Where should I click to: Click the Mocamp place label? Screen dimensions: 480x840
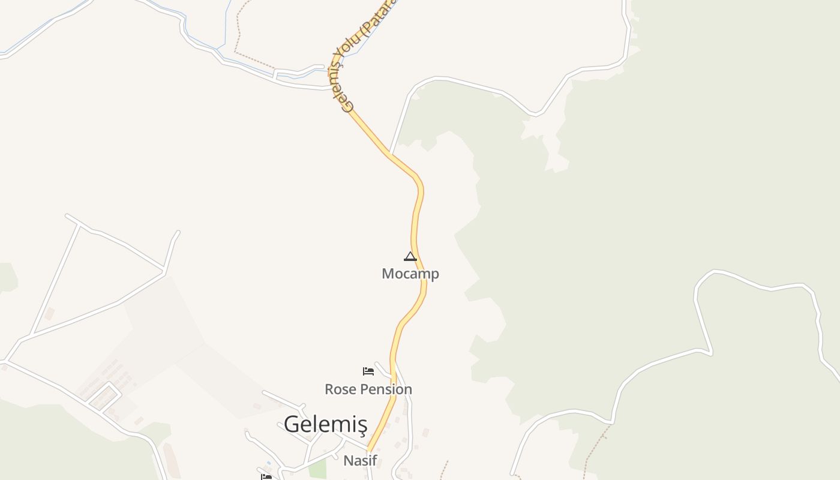pyautogui.click(x=410, y=274)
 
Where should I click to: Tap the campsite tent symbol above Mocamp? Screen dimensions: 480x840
pyautogui.click(x=410, y=257)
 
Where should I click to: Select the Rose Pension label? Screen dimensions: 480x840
pyautogui.click(x=368, y=389)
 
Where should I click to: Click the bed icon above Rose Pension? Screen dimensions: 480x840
pyautogui.click(x=368, y=371)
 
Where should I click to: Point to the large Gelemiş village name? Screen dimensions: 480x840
pyautogui.click(x=325, y=424)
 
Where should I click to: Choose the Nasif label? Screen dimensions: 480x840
pyautogui.click(x=359, y=461)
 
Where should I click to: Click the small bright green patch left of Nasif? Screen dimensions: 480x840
pyautogui.click(x=317, y=469)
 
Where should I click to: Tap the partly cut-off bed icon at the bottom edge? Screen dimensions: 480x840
pyautogui.click(x=266, y=476)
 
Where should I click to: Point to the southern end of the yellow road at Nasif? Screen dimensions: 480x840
pyautogui.click(x=370, y=450)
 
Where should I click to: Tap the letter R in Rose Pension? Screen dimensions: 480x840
pyautogui.click(x=329, y=389)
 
